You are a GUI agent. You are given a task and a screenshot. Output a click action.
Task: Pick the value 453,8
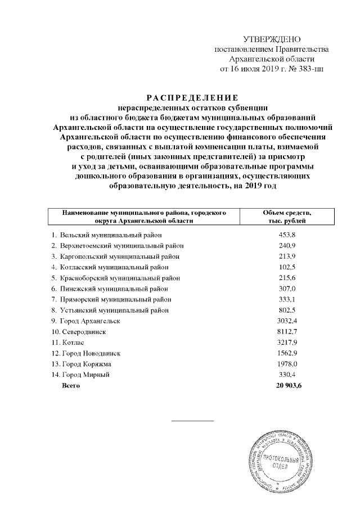(x=287, y=235)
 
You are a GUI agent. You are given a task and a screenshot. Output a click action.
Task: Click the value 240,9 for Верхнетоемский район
(x=287, y=245)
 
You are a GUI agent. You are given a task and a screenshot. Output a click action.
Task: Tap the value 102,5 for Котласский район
(x=287, y=267)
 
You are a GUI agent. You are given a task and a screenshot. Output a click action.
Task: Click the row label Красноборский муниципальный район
(x=115, y=278)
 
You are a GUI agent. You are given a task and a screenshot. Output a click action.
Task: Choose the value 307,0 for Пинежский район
(x=287, y=289)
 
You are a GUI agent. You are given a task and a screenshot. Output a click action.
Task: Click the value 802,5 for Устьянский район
(x=287, y=310)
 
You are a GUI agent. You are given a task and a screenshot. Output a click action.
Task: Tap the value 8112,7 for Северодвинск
(x=287, y=331)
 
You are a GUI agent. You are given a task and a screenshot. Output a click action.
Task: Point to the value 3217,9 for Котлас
(x=287, y=342)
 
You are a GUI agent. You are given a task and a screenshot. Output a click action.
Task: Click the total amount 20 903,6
(x=287, y=385)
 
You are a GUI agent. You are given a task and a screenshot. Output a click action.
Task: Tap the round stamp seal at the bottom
(x=282, y=462)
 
